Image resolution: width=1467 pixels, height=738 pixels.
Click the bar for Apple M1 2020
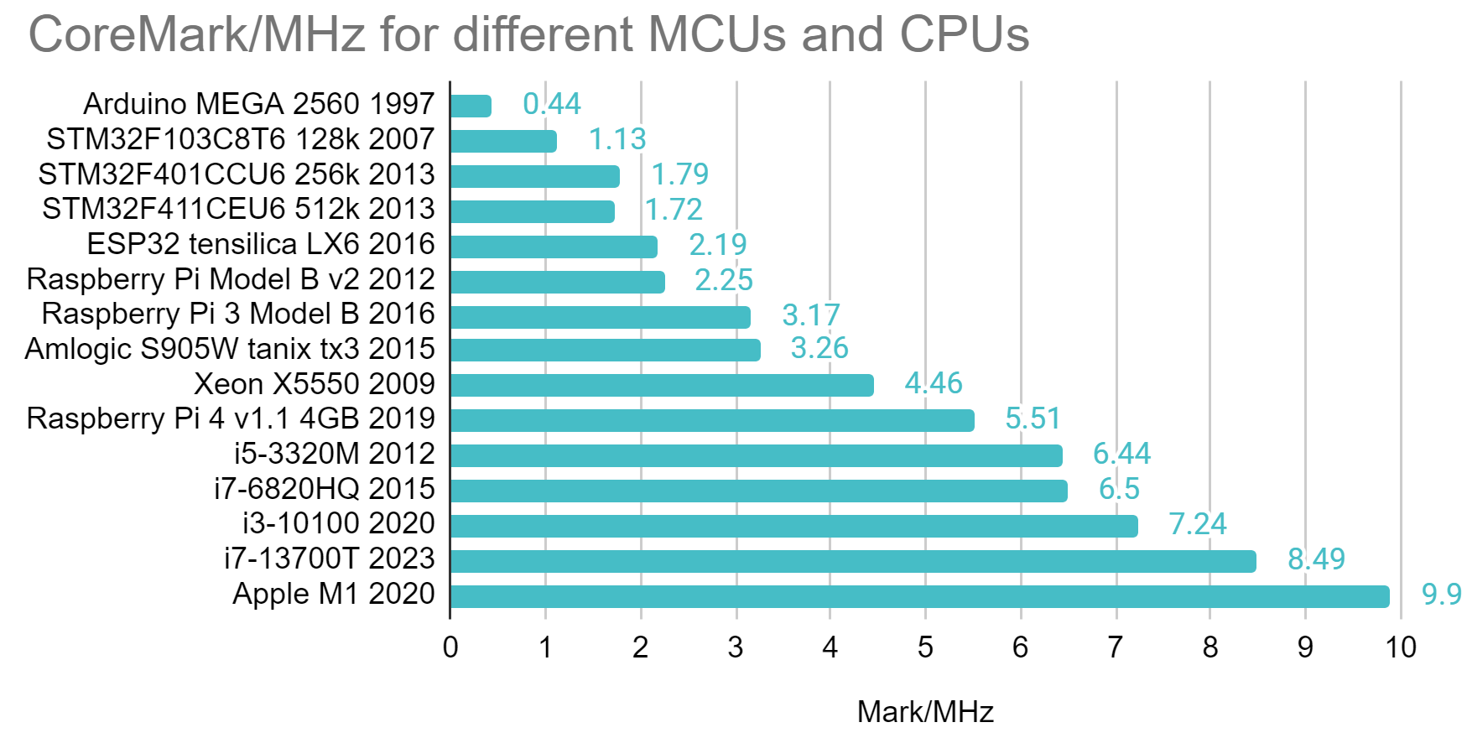point(919,596)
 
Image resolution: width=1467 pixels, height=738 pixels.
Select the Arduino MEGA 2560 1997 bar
point(471,106)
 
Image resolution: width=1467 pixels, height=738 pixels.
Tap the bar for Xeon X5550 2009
point(662,385)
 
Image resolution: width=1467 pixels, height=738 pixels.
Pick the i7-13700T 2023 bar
point(853,561)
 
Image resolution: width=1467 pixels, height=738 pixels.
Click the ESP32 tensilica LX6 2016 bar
point(554,247)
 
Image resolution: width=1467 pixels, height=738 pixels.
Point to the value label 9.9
point(1441,594)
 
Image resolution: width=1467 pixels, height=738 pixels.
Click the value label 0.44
point(551,103)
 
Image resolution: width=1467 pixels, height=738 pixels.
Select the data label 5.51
point(1033,418)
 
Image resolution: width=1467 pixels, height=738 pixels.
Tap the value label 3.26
point(819,347)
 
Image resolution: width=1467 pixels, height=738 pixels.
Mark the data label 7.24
point(1197,523)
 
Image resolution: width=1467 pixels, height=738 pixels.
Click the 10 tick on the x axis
point(1400,647)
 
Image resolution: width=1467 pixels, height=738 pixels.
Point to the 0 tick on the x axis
point(450,647)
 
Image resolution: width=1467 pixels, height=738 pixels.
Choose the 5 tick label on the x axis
point(925,647)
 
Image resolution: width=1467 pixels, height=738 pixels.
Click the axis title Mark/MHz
point(925,712)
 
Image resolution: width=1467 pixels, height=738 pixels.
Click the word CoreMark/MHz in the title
point(197,35)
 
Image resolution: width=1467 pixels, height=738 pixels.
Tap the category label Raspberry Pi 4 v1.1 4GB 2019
point(231,418)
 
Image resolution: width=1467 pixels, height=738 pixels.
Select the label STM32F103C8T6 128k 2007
point(241,138)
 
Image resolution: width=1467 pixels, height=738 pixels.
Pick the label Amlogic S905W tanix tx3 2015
point(230,348)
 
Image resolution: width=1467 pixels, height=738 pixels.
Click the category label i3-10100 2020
point(338,522)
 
